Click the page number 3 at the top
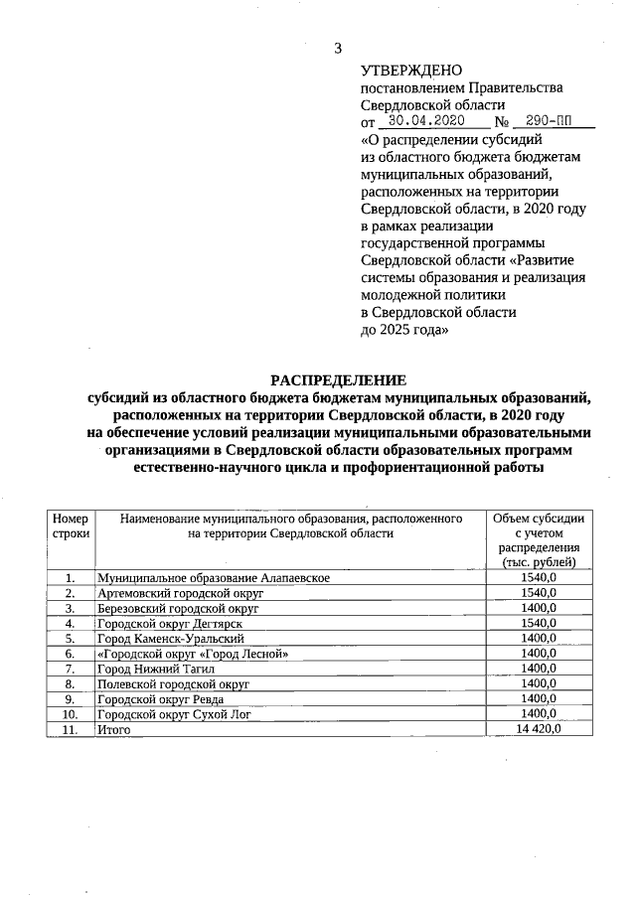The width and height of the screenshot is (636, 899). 338,48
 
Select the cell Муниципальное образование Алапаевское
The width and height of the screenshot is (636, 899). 213,577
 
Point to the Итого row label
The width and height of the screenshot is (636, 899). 113,729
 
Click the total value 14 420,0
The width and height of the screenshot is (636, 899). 540,729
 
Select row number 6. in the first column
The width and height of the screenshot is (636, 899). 71,654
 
